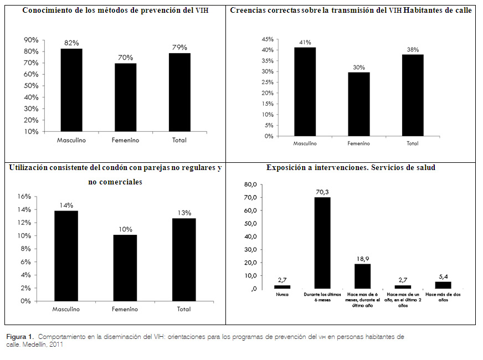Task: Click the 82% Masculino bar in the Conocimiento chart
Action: [x=71, y=90]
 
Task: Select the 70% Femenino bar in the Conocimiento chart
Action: [x=125, y=97]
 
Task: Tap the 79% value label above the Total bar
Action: [x=179, y=47]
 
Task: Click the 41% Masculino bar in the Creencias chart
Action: [x=305, y=91]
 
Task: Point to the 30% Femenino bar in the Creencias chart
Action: [x=359, y=104]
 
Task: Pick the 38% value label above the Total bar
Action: [x=413, y=49]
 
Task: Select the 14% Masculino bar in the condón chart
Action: [x=67, y=256]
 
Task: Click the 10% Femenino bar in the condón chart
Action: [x=126, y=268]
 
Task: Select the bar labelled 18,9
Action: [x=362, y=276]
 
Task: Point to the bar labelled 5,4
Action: [x=443, y=285]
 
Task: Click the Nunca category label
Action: [x=282, y=295]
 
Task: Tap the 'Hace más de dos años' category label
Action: [x=443, y=297]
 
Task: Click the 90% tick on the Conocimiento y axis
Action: [x=30, y=40]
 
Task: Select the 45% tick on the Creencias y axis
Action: [x=267, y=40]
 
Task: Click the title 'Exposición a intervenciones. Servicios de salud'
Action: [x=351, y=168]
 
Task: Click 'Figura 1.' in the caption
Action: [x=20, y=336]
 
